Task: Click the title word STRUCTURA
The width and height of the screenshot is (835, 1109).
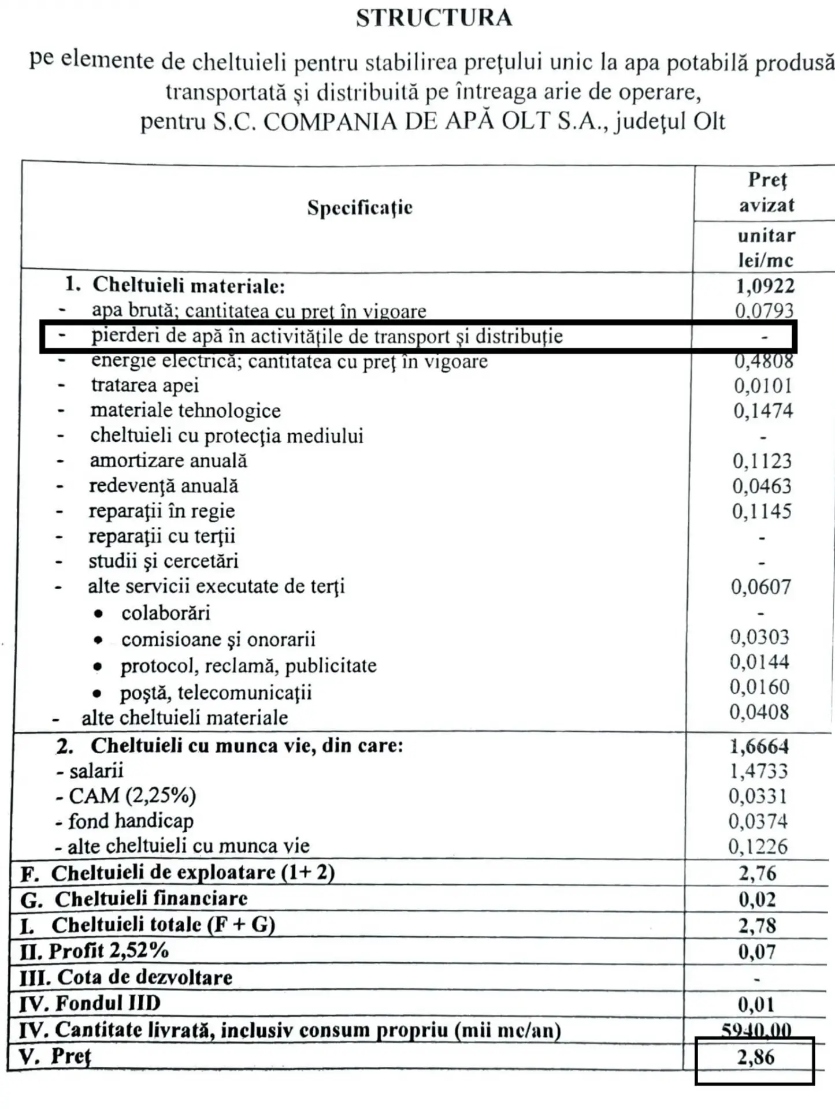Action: click(434, 18)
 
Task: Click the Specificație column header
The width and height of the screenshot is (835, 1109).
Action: click(359, 207)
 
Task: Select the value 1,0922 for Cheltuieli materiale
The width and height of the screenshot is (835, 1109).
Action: click(765, 286)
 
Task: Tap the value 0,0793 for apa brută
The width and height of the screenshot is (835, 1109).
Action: click(764, 311)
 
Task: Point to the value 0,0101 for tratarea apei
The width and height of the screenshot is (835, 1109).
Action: click(763, 386)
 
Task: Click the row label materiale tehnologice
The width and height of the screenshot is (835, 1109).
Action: click(185, 411)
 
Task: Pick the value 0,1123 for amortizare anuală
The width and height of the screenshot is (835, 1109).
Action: click(762, 461)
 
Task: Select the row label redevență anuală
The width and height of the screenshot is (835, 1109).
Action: click(163, 486)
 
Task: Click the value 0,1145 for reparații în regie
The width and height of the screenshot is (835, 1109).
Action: click(762, 511)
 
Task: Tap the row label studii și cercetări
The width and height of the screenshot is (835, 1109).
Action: click(163, 561)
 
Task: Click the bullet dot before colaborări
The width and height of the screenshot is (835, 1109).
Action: click(99, 613)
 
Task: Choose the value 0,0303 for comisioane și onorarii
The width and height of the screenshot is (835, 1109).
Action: click(759, 637)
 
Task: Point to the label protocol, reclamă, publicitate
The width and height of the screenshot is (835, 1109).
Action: click(248, 666)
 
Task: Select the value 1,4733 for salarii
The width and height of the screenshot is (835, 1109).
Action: click(758, 771)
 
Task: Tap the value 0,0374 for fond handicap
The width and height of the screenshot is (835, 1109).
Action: click(758, 821)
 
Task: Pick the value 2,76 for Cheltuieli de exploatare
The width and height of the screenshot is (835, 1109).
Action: click(757, 873)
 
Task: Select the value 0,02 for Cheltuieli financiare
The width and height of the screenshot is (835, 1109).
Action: click(757, 899)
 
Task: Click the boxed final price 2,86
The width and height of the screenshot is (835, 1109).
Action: click(755, 1058)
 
